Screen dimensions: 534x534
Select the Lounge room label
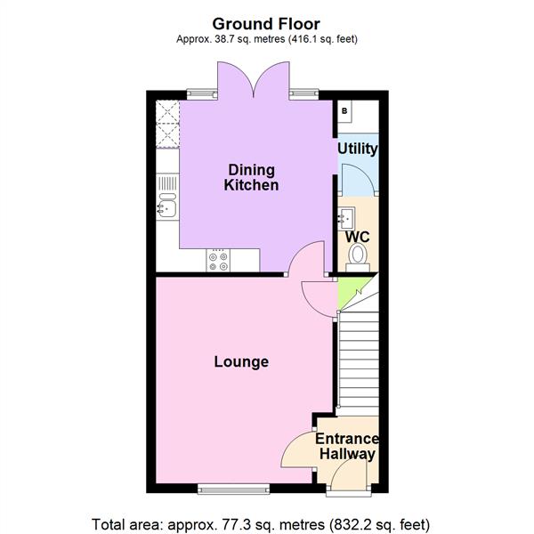point(241,362)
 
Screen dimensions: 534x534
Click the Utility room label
point(358,149)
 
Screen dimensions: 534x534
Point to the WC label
point(357,238)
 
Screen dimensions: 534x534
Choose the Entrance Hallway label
point(347,447)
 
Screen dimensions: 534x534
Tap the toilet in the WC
point(358,256)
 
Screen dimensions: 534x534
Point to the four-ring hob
point(218,260)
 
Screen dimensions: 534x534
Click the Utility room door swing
point(357,178)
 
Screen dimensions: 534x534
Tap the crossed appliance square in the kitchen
point(166,125)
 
